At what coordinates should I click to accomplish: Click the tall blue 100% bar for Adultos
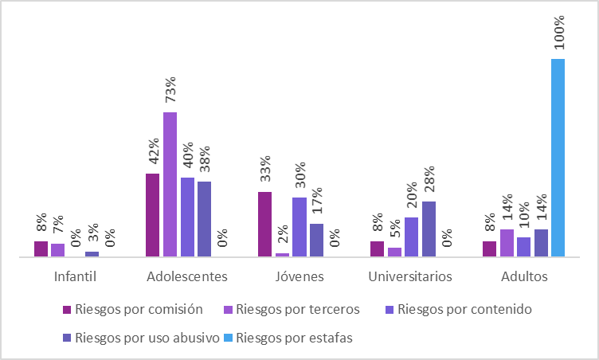pyautogui.click(x=558, y=158)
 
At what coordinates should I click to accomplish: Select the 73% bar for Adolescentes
pyautogui.click(x=170, y=184)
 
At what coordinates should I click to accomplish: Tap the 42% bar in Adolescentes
pyautogui.click(x=153, y=215)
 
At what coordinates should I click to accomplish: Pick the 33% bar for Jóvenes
pyautogui.click(x=265, y=224)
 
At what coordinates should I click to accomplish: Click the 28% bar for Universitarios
pyautogui.click(x=429, y=229)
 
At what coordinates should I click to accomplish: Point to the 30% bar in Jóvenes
pyautogui.click(x=299, y=227)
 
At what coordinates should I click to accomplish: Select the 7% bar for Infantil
pyautogui.click(x=58, y=250)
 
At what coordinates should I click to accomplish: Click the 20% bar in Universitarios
pyautogui.click(x=411, y=237)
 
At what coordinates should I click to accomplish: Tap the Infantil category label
pyautogui.click(x=75, y=277)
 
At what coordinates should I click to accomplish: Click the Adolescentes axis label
pyautogui.click(x=187, y=277)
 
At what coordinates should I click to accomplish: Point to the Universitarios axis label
pyautogui.click(x=411, y=277)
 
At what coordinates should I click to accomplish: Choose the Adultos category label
pyautogui.click(x=524, y=277)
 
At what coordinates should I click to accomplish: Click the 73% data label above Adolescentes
pyautogui.click(x=170, y=91)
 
